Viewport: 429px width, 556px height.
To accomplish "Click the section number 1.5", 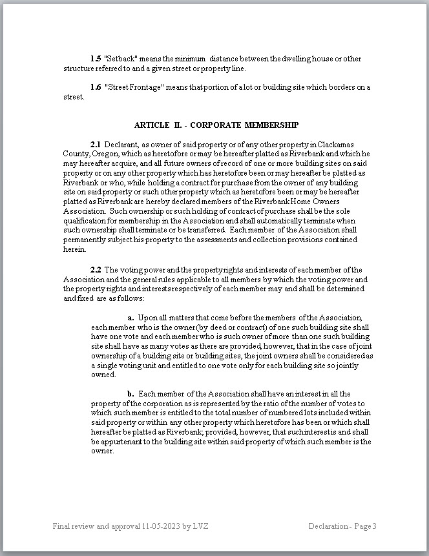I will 95,59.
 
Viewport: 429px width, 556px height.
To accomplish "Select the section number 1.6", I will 95,88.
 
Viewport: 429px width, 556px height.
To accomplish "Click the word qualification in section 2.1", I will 85,220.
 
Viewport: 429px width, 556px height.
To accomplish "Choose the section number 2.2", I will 95,269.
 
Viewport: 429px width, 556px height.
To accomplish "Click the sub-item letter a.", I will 131,318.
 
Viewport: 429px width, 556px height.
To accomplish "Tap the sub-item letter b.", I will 131,394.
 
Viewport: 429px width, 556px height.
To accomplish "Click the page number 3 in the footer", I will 373,526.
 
